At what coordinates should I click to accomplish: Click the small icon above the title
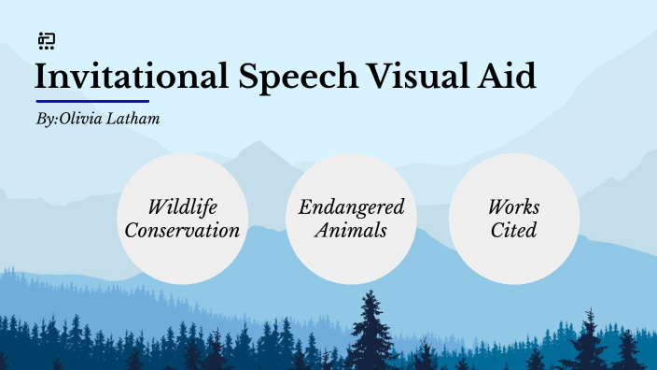(47, 40)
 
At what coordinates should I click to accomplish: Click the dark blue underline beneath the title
(92, 101)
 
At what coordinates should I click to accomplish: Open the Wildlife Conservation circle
(183, 219)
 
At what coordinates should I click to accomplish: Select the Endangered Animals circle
(351, 219)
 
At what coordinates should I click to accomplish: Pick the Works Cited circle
(514, 219)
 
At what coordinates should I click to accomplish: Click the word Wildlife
(183, 207)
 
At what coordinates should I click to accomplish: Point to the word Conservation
(183, 230)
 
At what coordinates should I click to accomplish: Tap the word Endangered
(351, 207)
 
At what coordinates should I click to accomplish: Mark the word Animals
(351, 230)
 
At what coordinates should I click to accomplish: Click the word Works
(514, 207)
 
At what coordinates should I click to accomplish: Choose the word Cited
(514, 230)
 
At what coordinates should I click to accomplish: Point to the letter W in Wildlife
(157, 207)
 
